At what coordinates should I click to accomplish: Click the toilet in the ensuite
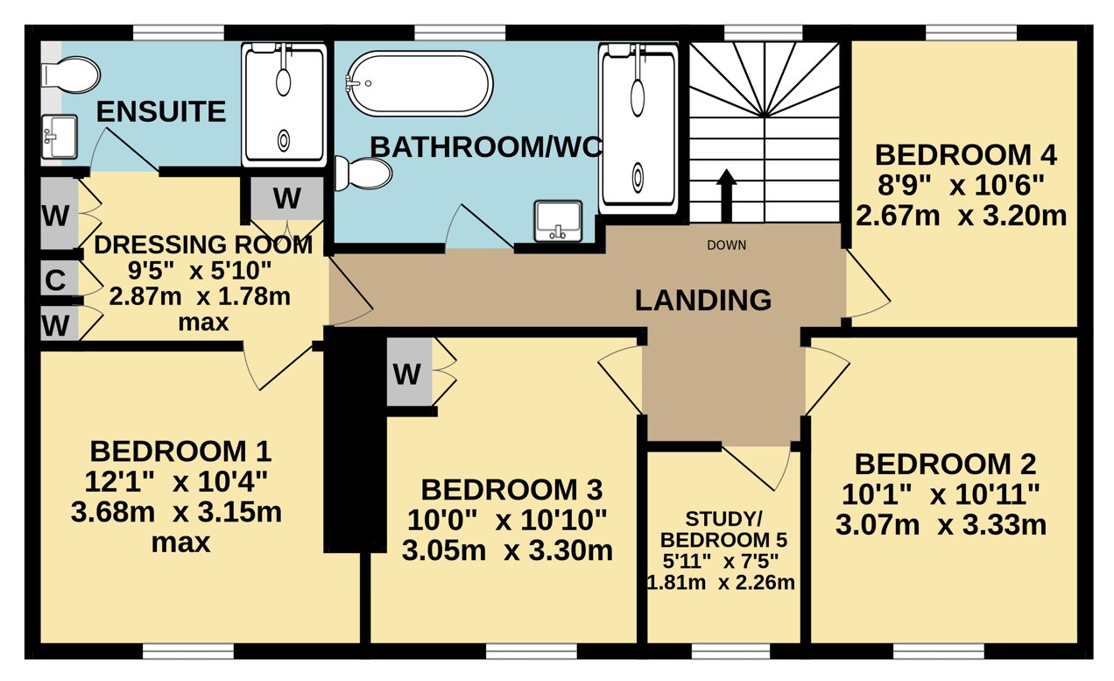point(71,75)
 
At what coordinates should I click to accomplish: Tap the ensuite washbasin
point(60,137)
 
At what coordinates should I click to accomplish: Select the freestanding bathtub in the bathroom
point(420,83)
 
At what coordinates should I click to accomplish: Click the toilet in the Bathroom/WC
point(363,174)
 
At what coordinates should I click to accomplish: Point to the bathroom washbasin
point(558,221)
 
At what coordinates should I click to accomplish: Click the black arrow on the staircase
point(727,195)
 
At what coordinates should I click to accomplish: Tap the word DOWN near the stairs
point(727,245)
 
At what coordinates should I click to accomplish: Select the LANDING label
point(703,300)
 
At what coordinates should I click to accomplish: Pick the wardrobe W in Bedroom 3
point(409,372)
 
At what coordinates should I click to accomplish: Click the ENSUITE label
point(161,111)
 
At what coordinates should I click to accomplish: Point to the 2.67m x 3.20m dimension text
point(961,216)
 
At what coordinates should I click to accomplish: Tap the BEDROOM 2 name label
point(945,464)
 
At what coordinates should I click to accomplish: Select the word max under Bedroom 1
point(180,543)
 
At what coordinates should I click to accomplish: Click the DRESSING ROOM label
point(203,245)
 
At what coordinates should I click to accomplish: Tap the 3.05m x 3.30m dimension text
point(507,551)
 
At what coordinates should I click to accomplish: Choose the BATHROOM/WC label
point(486,147)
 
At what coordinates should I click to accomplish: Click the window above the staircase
point(764,32)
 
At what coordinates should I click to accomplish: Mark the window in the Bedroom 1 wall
point(188,651)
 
